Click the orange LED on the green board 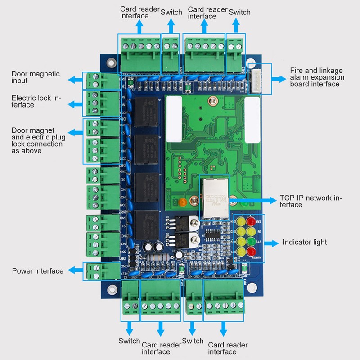click(x=183, y=202)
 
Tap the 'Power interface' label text click(x=37, y=271)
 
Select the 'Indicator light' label click(x=305, y=243)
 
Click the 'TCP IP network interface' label click(x=311, y=201)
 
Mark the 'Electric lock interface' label click(x=36, y=101)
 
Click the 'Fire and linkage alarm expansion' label click(x=317, y=77)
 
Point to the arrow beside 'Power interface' click(x=74, y=271)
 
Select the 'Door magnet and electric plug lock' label click(x=37, y=140)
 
